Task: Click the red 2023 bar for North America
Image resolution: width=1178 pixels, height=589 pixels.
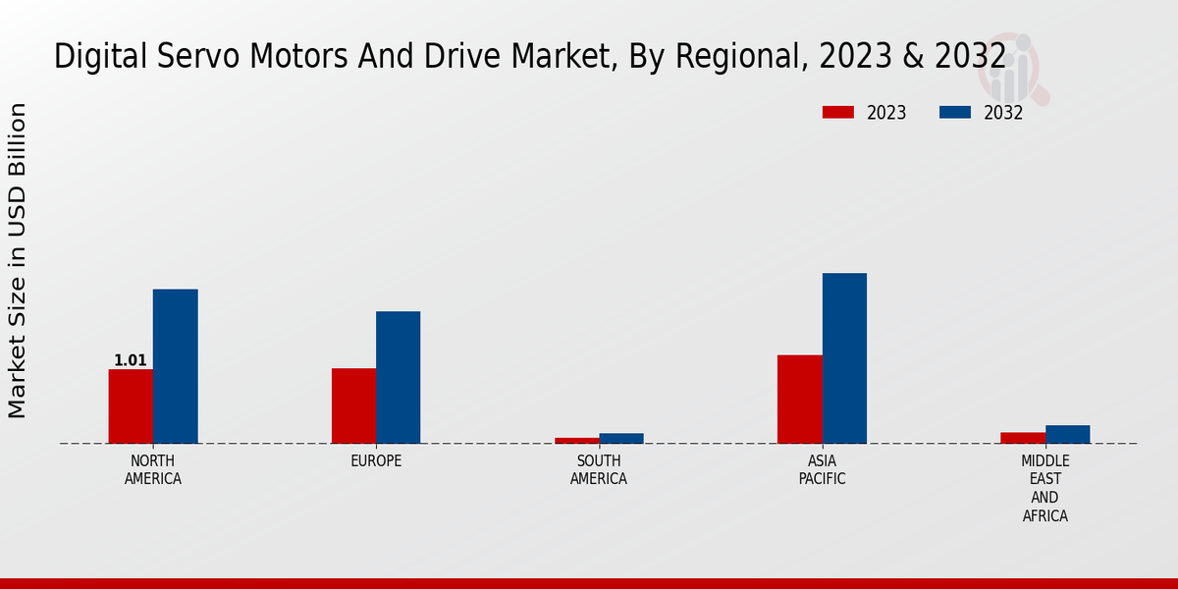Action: click(x=131, y=406)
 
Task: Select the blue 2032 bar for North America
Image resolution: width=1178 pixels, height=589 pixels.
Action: click(x=175, y=366)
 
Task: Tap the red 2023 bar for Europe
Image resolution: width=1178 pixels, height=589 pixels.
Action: click(x=353, y=405)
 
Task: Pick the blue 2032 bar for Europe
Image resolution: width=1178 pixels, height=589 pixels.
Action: click(x=398, y=377)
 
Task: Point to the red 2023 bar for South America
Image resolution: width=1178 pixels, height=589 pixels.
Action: click(x=576, y=441)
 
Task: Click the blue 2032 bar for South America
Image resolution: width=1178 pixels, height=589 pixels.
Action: click(x=621, y=439)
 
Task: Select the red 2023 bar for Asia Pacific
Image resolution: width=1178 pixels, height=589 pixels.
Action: click(x=799, y=399)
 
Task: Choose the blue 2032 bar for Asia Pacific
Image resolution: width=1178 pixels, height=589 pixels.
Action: click(x=844, y=358)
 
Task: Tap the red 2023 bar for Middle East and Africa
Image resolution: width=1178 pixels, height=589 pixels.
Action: click(x=1023, y=438)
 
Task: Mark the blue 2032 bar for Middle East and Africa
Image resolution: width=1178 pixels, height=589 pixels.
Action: click(x=1067, y=434)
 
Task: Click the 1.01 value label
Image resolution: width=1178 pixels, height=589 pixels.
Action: click(x=131, y=360)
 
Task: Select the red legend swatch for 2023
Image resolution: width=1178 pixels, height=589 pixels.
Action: click(x=838, y=113)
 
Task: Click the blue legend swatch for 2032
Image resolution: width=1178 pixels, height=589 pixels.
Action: click(x=954, y=113)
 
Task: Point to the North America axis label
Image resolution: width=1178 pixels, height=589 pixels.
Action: click(x=153, y=470)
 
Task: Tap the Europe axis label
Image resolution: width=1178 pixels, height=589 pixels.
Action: click(x=376, y=461)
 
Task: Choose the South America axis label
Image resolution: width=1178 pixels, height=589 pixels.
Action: click(x=599, y=470)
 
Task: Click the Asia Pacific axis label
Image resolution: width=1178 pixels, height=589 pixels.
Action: click(x=822, y=470)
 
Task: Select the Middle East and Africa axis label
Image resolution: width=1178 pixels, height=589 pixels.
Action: click(x=1044, y=488)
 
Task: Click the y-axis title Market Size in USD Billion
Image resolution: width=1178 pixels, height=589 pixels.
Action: click(x=18, y=260)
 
